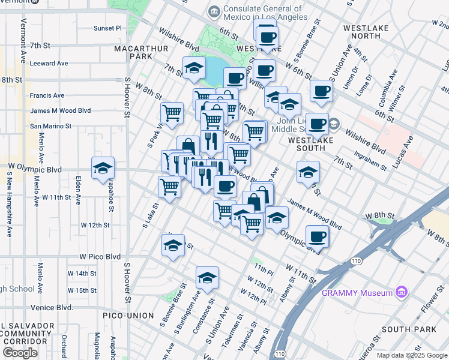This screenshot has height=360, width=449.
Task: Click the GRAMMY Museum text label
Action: coord(357,293)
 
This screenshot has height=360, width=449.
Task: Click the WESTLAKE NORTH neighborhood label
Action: coord(362,32)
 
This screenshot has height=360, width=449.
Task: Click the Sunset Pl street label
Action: coord(107,28)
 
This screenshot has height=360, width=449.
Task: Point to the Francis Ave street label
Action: coord(47,95)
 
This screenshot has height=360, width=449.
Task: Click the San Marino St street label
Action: coord(51,127)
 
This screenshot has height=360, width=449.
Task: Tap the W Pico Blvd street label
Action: coord(96,256)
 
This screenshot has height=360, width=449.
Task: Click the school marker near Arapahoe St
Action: coord(103,169)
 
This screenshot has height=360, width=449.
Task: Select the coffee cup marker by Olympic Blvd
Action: coord(317,236)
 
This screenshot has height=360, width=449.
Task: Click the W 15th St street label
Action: coord(82,290)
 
